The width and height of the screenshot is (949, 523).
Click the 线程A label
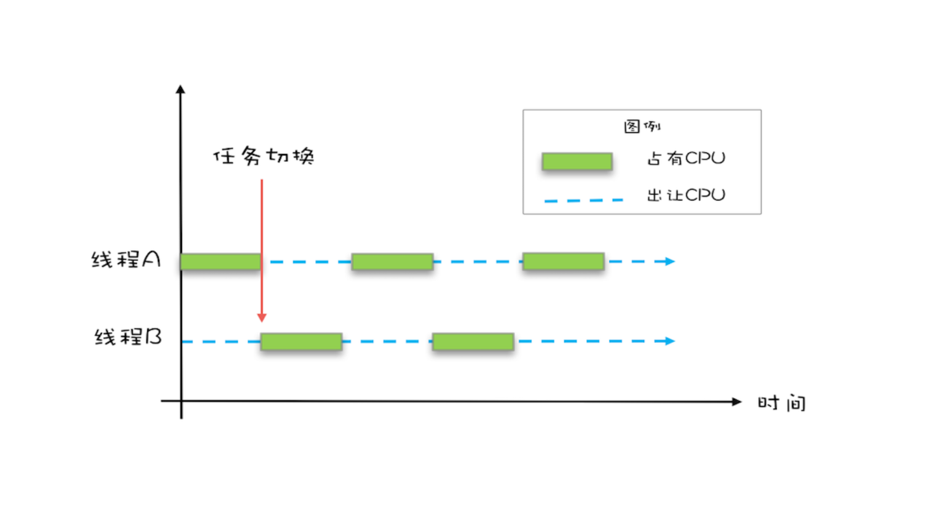[x=126, y=260]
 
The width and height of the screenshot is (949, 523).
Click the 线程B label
[x=128, y=337]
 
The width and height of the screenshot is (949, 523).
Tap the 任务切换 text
[x=264, y=156]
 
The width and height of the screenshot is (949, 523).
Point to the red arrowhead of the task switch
[x=262, y=317]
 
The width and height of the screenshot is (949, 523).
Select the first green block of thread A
[x=221, y=262]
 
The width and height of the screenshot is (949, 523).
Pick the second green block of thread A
[x=392, y=262]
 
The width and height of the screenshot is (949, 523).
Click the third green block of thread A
[x=563, y=261]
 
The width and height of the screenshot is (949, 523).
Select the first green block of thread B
[x=301, y=341]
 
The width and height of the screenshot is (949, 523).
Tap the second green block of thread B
[x=473, y=341]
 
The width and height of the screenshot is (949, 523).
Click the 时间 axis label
[x=781, y=403]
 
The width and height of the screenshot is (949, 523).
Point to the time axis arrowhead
[x=737, y=402]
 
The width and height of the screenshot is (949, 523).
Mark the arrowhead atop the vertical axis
[x=181, y=90]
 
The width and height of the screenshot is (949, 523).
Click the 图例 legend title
[x=642, y=126]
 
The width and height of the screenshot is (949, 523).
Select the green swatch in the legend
[x=577, y=162]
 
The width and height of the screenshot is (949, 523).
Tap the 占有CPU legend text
[x=686, y=159]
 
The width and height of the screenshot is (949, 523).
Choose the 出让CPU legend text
[x=686, y=195]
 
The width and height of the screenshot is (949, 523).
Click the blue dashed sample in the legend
[x=583, y=201]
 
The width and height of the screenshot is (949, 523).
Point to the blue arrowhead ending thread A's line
[x=670, y=261]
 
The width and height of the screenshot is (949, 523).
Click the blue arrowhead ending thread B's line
[x=670, y=341]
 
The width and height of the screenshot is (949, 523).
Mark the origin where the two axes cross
[x=181, y=401]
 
